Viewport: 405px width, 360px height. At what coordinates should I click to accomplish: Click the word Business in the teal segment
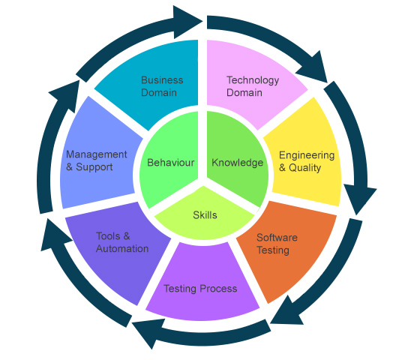162,80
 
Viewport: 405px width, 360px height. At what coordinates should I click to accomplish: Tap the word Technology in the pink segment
253,80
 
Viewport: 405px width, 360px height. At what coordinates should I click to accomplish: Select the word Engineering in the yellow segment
307,155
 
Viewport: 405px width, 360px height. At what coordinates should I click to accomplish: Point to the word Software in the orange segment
277,237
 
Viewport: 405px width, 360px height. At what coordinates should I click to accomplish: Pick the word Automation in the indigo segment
122,249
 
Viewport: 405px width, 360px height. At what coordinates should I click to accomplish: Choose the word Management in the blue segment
96,154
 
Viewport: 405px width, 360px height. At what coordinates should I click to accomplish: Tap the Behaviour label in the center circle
170,163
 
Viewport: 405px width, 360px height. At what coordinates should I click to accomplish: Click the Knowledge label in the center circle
237,163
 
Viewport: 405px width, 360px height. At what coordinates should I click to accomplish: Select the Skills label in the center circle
205,215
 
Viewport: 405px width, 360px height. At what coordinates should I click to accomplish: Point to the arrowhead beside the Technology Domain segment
314,67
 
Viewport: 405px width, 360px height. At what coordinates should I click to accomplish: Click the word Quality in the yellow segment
304,168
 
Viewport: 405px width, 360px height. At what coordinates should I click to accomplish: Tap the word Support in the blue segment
94,167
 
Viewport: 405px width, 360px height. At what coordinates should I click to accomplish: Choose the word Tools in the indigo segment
108,236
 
